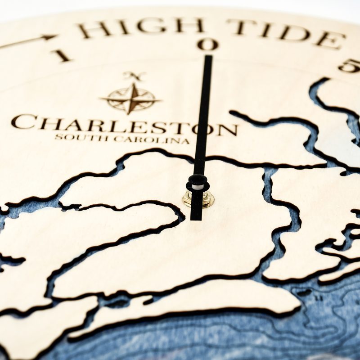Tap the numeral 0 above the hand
207,44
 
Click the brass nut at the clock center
198,198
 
